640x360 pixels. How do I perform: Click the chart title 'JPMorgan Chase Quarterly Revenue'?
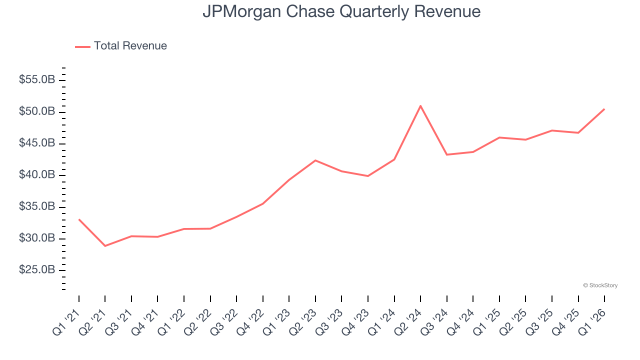click(341, 11)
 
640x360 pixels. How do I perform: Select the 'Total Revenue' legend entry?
click(130, 46)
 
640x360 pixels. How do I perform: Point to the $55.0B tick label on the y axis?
click(37, 80)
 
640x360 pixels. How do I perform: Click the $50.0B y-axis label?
click(37, 111)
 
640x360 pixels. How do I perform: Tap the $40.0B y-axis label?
click(37, 175)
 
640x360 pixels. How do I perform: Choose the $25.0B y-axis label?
click(37, 270)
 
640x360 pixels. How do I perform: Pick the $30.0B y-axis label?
click(37, 238)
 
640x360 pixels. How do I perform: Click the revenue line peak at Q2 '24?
click(420, 106)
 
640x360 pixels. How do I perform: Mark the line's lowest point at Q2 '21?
click(105, 246)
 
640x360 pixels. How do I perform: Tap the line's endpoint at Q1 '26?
click(604, 109)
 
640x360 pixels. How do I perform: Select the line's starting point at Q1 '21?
click(79, 219)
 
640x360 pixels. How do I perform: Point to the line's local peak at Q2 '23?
click(315, 160)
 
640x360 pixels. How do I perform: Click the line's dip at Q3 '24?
click(446, 154)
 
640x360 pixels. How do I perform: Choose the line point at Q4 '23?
click(368, 176)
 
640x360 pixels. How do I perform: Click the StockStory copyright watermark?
click(600, 285)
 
